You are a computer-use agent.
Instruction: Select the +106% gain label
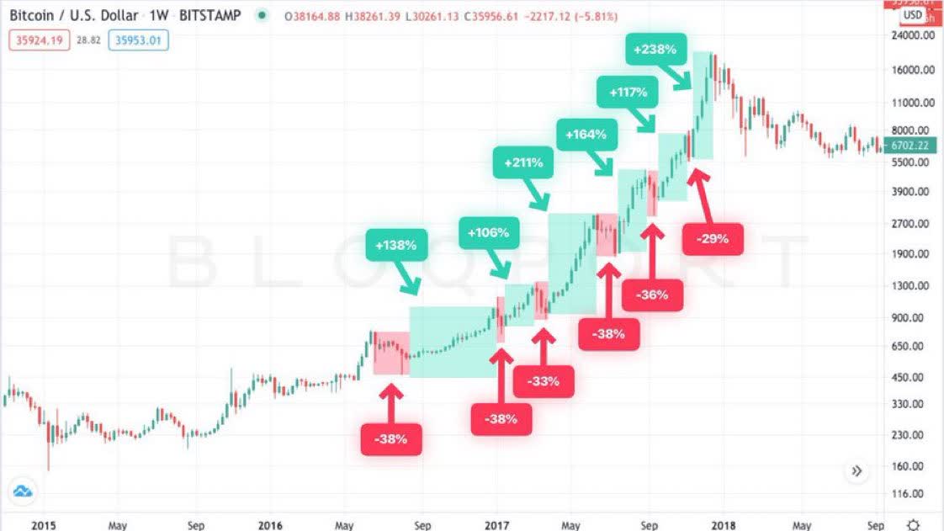click(489, 232)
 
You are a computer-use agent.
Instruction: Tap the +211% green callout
click(523, 162)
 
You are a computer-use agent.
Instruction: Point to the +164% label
click(587, 134)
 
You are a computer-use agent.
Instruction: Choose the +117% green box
click(627, 92)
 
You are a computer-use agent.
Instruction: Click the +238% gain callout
click(656, 49)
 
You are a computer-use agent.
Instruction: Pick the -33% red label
click(544, 381)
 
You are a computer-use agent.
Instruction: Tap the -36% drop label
click(652, 295)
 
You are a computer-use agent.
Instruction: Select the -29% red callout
click(713, 239)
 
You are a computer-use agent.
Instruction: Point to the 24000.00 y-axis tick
click(913, 36)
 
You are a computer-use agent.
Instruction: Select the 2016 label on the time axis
click(270, 524)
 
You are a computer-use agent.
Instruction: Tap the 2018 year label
click(722, 524)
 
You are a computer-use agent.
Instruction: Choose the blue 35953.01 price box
click(139, 39)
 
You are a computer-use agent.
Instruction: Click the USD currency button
click(913, 15)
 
